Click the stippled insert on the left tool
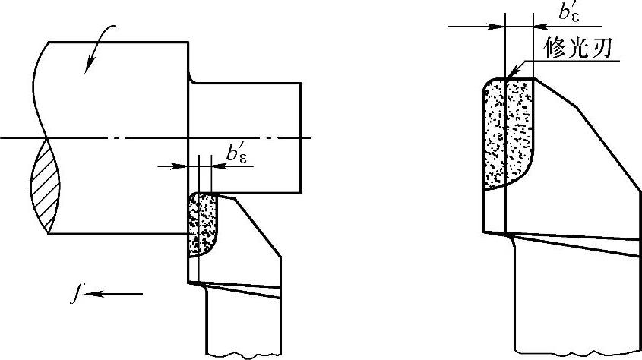[x=201, y=224]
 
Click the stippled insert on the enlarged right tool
[x=508, y=133]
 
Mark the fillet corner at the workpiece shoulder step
[x=192, y=80]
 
